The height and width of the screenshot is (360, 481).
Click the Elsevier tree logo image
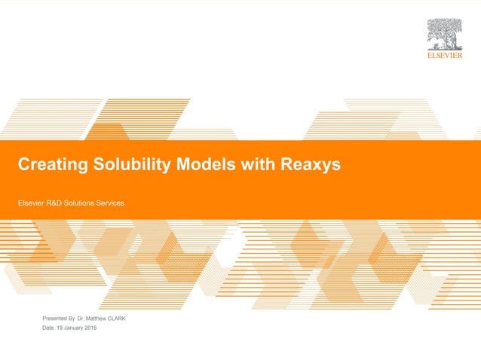(x=445, y=35)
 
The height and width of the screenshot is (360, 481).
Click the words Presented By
(x=59, y=319)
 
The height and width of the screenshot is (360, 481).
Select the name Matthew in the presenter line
(x=97, y=319)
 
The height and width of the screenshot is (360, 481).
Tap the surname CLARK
(x=118, y=319)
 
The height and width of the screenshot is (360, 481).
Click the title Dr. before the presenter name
(x=81, y=319)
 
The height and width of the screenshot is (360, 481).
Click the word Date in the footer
(x=48, y=328)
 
